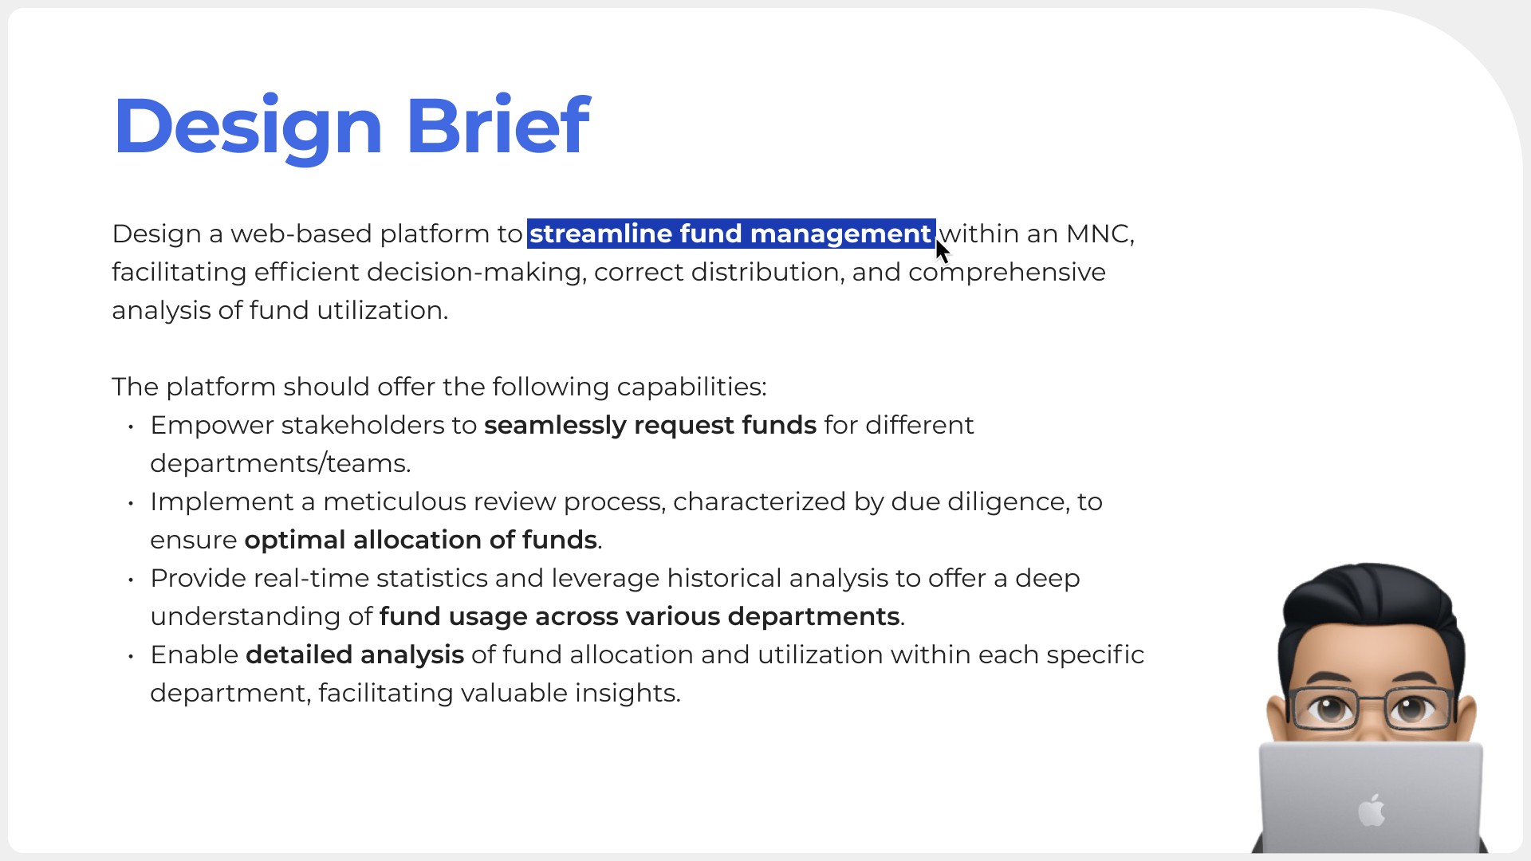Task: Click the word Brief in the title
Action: pyautogui.click(x=498, y=124)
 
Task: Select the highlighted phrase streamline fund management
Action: pyautogui.click(x=730, y=234)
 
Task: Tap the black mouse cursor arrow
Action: pyautogui.click(x=943, y=251)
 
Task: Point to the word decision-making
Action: pyautogui.click(x=477, y=272)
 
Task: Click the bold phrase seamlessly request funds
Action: pyautogui.click(x=650, y=425)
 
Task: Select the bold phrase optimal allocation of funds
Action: pyautogui.click(x=420, y=540)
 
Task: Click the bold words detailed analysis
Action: pyautogui.click(x=355, y=655)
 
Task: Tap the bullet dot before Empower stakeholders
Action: pyautogui.click(x=131, y=427)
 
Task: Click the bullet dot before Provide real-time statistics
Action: pyautogui.click(x=131, y=580)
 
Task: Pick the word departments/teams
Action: pyautogui.click(x=280, y=463)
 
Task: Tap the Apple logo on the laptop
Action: pyautogui.click(x=1372, y=809)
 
